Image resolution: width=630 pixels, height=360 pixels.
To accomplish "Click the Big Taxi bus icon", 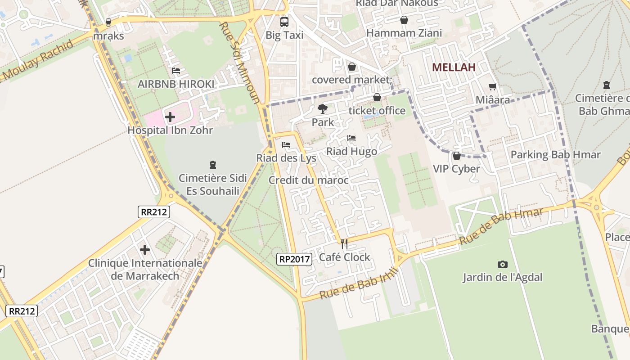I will point(284,22).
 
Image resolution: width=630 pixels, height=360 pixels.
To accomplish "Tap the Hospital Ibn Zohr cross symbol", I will point(170,117).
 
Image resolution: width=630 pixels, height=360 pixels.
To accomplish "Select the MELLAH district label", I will point(454,67).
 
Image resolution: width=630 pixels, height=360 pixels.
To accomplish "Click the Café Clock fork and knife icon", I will point(344,244).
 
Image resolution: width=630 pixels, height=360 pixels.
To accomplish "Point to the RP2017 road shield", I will point(294,259).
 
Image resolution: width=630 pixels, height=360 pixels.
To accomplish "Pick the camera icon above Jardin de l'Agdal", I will point(503,264).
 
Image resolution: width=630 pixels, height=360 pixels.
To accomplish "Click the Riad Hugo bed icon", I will point(351,138).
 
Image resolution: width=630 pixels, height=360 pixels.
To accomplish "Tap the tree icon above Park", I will point(322,108).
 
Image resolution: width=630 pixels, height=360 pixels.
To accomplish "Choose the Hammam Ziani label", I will point(404,33).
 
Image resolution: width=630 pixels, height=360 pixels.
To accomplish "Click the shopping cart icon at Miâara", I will point(493,86).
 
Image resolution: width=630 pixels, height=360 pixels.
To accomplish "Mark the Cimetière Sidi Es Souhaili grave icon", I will point(213,165).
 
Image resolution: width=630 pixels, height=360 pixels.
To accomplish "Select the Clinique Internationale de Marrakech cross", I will point(145,249).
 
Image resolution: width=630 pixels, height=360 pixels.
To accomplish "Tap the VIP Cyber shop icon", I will point(457,156).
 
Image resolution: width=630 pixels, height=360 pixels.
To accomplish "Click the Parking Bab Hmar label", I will point(555,155).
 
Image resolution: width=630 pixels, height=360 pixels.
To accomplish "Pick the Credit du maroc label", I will point(308,180).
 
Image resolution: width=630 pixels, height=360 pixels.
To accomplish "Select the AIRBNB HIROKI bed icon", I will point(176,71).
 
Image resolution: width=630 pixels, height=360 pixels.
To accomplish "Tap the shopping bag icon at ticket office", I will point(377,97).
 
